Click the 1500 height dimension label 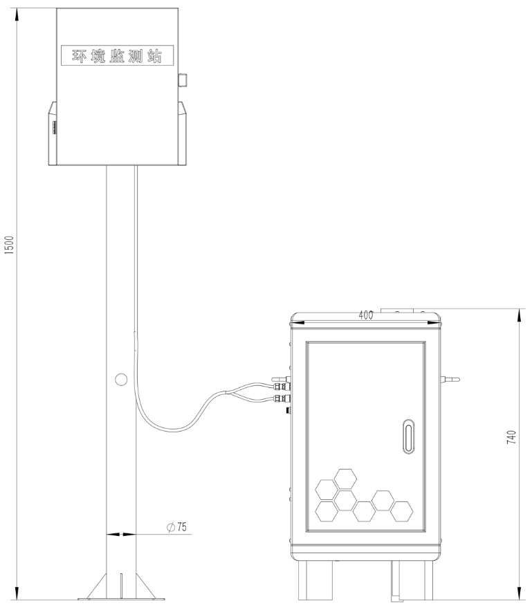9,245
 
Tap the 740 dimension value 511,437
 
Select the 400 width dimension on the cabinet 366,315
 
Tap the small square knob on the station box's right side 183,80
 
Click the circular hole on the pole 120,379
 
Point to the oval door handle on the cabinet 409,436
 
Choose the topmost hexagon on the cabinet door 345,477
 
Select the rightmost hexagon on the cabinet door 401,512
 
